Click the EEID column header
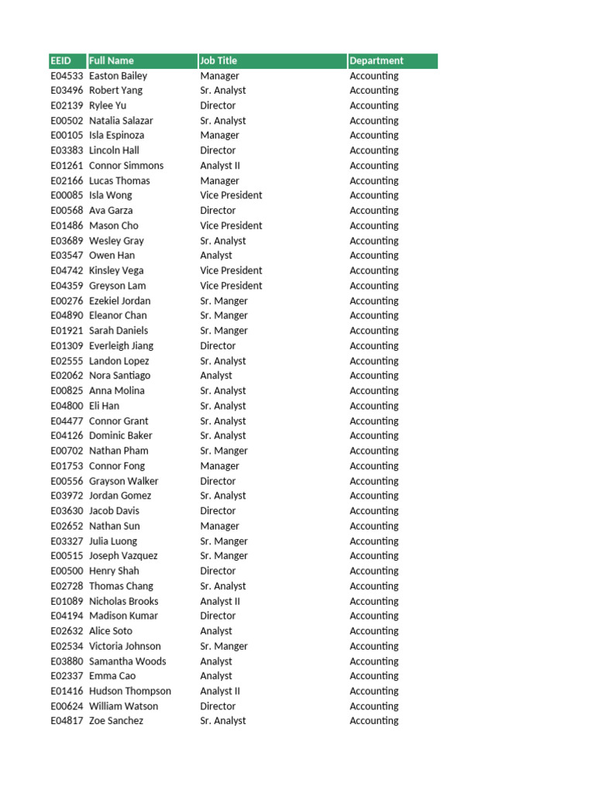(x=60, y=60)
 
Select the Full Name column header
(x=112, y=60)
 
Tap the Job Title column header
(x=218, y=60)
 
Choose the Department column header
(x=377, y=60)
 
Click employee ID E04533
(x=67, y=76)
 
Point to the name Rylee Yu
(x=108, y=105)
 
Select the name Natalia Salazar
(x=121, y=121)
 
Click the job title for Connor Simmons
(x=220, y=166)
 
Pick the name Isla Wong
(x=111, y=195)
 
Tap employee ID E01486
(x=67, y=225)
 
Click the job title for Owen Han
(x=216, y=256)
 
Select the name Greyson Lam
(x=118, y=286)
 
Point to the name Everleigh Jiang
(x=121, y=345)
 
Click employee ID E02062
(x=67, y=376)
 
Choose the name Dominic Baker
(x=121, y=436)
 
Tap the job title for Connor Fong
(x=220, y=466)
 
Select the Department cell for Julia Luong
(x=374, y=541)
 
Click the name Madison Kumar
(x=123, y=616)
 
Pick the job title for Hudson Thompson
(x=220, y=691)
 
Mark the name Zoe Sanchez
(x=116, y=721)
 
